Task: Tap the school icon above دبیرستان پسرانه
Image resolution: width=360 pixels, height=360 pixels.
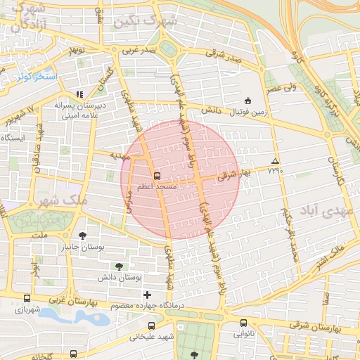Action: [79, 94]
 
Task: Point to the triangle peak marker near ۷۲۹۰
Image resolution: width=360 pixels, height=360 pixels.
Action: [275, 161]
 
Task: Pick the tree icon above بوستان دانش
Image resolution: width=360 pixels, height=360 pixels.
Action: [118, 266]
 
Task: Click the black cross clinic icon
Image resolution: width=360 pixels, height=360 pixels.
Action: [147, 295]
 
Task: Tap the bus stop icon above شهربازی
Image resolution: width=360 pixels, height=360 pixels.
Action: [27, 299]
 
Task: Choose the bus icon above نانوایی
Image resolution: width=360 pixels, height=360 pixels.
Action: [243, 323]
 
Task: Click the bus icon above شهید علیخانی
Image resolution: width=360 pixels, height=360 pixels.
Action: [152, 326]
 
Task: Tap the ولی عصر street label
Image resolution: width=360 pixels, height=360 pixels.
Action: [281, 88]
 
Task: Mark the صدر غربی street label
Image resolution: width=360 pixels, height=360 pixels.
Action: [139, 51]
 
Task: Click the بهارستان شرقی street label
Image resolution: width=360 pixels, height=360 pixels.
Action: [323, 328]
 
